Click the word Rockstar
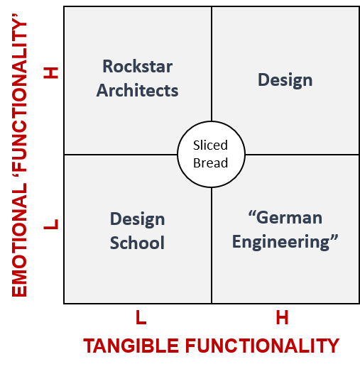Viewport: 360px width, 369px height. [x=138, y=66]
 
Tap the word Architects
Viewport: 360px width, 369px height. [x=137, y=90]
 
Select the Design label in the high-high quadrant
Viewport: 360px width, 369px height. [x=285, y=80]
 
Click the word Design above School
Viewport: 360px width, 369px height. [x=138, y=219]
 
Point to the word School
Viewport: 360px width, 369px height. [x=137, y=243]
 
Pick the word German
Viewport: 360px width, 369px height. [x=289, y=218]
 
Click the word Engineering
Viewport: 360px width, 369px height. [x=281, y=242]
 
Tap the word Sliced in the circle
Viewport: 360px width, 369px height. [x=210, y=145]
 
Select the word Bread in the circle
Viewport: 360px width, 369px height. [x=211, y=163]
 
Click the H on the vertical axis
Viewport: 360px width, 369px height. [x=50, y=72]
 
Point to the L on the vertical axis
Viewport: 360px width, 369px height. [x=50, y=224]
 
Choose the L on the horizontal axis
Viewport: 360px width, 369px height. [x=141, y=317]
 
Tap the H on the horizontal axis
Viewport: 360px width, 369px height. [x=282, y=317]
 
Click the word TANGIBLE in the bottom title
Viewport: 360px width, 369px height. [x=131, y=346]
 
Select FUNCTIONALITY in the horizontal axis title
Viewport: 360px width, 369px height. [x=262, y=346]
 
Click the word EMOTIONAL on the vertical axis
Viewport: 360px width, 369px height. [x=19, y=240]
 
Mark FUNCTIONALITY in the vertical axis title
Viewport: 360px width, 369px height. [x=19, y=97]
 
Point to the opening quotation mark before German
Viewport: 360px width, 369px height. [x=252, y=214]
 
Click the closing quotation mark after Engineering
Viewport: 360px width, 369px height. [x=334, y=237]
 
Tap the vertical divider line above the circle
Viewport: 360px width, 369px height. [x=212, y=64]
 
